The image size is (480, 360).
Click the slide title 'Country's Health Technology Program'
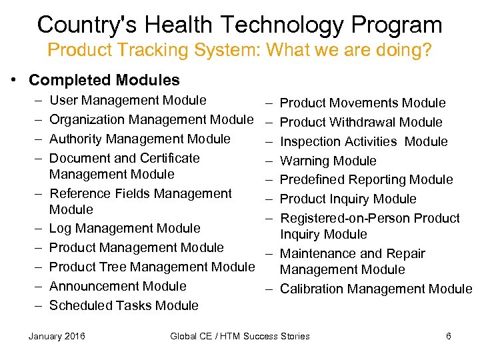240,25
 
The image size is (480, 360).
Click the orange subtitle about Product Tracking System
240,50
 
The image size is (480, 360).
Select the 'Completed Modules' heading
104,80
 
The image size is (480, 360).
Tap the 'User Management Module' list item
128,100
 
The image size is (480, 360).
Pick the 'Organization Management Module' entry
151,119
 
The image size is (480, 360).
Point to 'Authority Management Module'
140,139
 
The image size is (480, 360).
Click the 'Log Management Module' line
125,228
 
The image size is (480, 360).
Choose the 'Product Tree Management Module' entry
152,267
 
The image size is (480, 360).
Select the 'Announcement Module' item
118,286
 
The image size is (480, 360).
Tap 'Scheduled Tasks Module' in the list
124,305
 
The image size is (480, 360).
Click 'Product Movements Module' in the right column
363,103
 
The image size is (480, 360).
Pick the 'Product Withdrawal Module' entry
361,122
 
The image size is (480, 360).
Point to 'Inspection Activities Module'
363,141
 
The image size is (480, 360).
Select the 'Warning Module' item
328,161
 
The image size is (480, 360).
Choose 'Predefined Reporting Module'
366,179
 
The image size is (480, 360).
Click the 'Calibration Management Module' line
375,289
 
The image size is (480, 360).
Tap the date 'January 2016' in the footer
57,336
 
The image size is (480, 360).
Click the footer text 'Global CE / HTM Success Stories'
240,336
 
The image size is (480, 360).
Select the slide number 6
449,336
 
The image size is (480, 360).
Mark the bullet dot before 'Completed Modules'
14,80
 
